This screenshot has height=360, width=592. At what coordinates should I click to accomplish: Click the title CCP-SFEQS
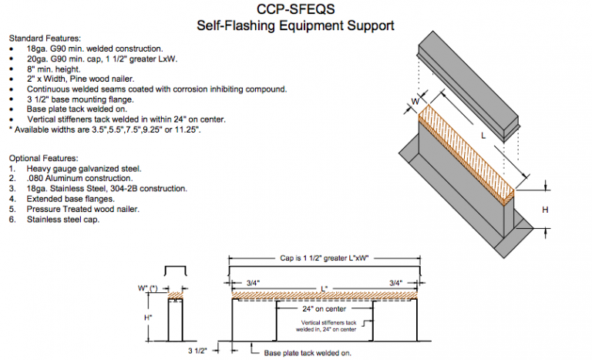pos(296,10)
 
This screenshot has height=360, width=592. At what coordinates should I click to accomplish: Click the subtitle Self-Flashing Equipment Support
pos(296,25)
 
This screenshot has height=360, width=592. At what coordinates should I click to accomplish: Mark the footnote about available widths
pos(105,130)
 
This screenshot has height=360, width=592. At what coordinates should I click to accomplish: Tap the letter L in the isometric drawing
pos(483,135)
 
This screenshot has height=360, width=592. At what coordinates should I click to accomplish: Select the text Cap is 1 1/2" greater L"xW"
pos(325,259)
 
